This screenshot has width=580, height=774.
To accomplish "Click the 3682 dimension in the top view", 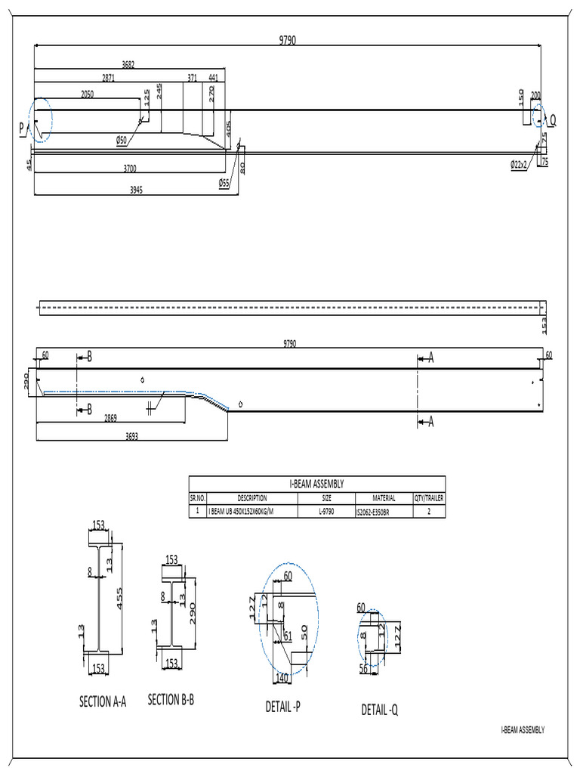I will tap(128, 65).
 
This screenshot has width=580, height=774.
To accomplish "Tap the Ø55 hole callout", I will tap(224, 182).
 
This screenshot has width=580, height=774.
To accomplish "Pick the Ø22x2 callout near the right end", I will tap(520, 164).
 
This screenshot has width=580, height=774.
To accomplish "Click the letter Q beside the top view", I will tap(553, 120).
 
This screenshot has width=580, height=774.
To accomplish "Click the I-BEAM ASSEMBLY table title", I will tap(316, 483).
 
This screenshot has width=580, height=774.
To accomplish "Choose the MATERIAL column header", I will tap(384, 498).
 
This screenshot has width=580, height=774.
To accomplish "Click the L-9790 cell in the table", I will tap(327, 512).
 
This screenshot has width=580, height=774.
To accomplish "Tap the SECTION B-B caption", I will tap(171, 700).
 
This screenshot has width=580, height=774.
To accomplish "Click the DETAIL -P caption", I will tap(283, 706).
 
